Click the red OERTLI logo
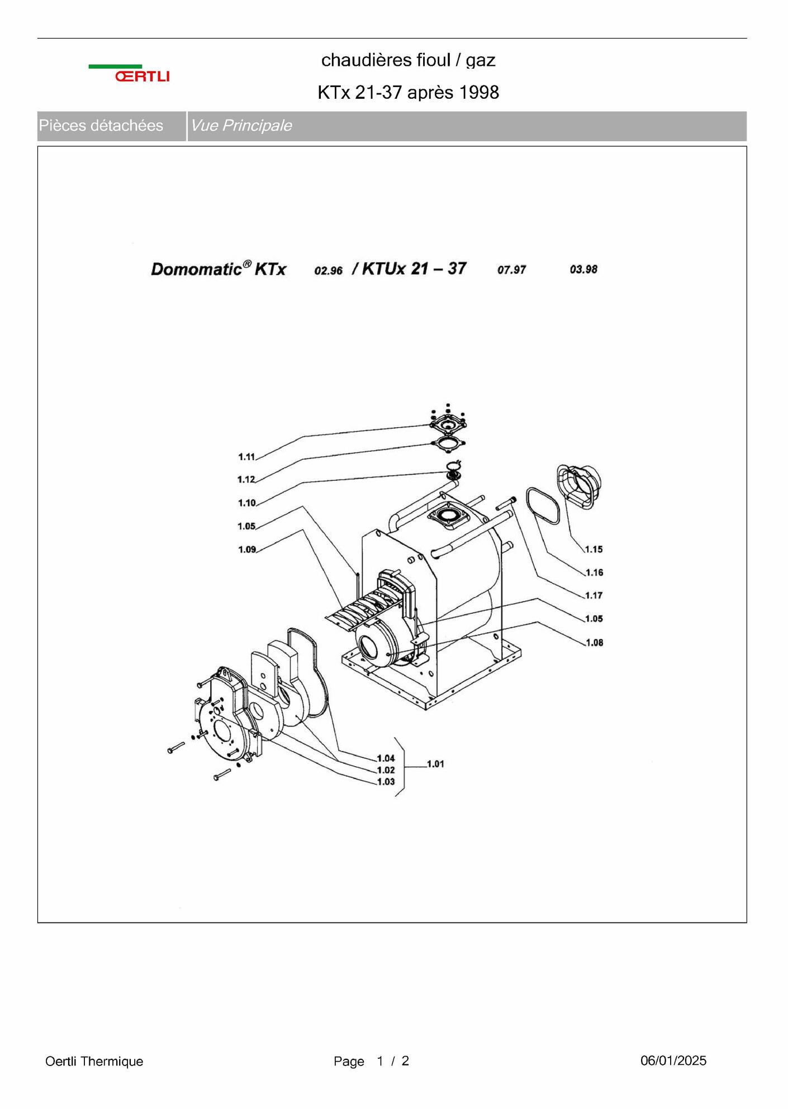click(142, 77)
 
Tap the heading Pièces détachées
click(101, 126)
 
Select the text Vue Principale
click(241, 126)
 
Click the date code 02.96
click(329, 271)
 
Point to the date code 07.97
click(512, 270)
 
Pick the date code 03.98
click(584, 270)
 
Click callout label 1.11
click(246, 457)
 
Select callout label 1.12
click(246, 480)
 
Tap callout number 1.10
click(247, 503)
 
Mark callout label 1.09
click(247, 549)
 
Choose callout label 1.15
click(594, 549)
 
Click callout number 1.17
click(594, 596)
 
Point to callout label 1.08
click(595, 643)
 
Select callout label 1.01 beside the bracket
click(435, 764)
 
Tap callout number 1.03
click(386, 782)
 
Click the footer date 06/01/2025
click(673, 1060)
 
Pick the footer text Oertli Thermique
click(94, 1062)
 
